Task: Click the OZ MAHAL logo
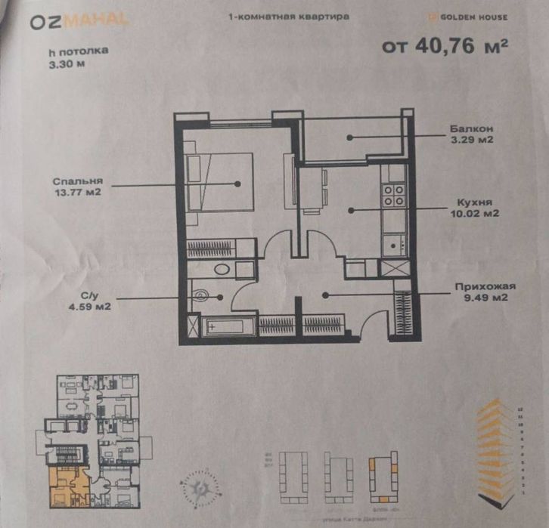pos(79,22)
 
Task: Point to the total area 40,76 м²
pos(444,47)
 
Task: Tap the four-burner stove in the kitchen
pos(393,196)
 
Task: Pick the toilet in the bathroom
pos(201,295)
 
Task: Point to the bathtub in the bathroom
pos(224,327)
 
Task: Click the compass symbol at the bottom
pos(198,486)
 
